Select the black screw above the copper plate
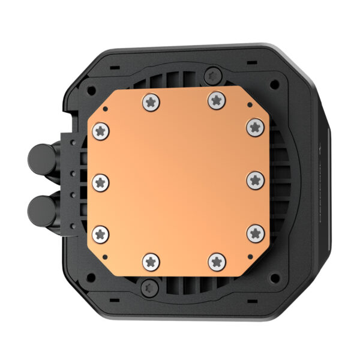pos(212,75)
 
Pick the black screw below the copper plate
pos(147,288)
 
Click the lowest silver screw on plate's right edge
pos(255,232)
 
